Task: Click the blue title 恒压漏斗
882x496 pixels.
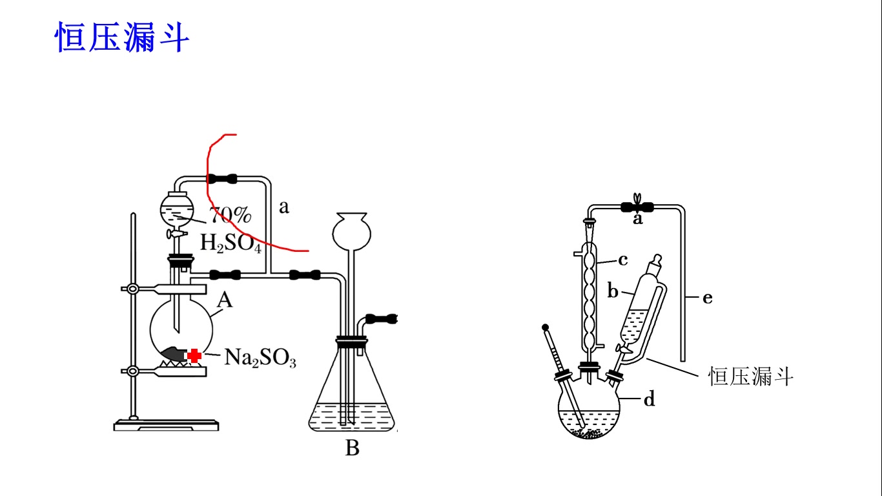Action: (x=122, y=37)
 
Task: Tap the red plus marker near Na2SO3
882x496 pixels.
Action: (x=194, y=355)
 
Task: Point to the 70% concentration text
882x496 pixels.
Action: (x=229, y=215)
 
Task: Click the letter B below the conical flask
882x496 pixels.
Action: (x=352, y=448)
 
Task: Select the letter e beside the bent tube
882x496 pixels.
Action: (x=707, y=298)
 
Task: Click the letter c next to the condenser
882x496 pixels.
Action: (x=622, y=260)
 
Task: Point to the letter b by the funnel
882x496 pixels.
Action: (x=613, y=291)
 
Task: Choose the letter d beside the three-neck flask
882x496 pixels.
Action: (x=649, y=400)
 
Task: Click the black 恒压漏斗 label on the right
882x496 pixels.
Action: (x=750, y=376)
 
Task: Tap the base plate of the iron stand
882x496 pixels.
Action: (x=166, y=425)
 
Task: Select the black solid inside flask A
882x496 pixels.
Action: (x=173, y=353)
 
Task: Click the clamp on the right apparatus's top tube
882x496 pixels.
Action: (x=637, y=206)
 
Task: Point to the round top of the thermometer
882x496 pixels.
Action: (x=546, y=327)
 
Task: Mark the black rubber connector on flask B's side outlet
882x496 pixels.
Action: (x=380, y=318)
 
